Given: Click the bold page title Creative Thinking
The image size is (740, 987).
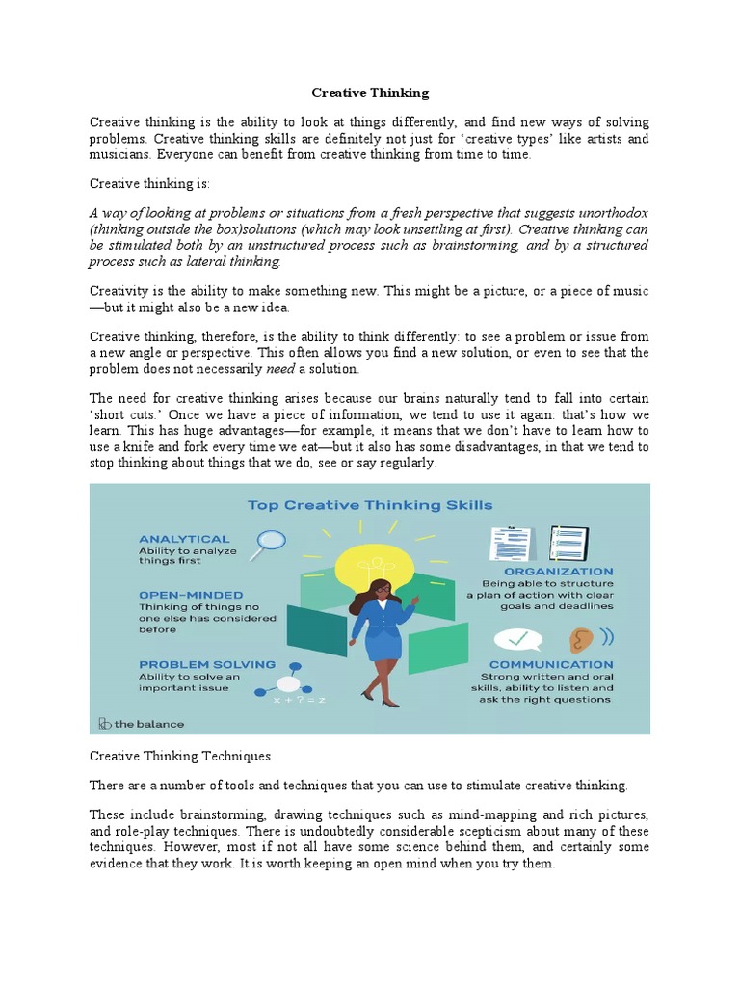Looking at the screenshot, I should [x=370, y=93].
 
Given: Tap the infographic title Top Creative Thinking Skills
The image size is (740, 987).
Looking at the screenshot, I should [x=370, y=504].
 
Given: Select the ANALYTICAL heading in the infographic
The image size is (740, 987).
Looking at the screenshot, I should [x=184, y=539].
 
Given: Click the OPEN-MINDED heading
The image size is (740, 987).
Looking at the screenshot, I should [x=191, y=595].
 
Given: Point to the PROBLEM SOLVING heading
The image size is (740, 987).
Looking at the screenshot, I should [x=206, y=664].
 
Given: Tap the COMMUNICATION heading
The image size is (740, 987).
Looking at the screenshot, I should [x=550, y=664].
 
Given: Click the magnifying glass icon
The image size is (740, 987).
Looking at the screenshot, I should [x=269, y=542].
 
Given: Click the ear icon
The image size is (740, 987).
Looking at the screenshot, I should [x=580, y=640].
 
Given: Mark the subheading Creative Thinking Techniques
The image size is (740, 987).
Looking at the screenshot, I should [x=180, y=757].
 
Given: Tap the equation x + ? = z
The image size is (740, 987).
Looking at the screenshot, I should [x=300, y=700].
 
